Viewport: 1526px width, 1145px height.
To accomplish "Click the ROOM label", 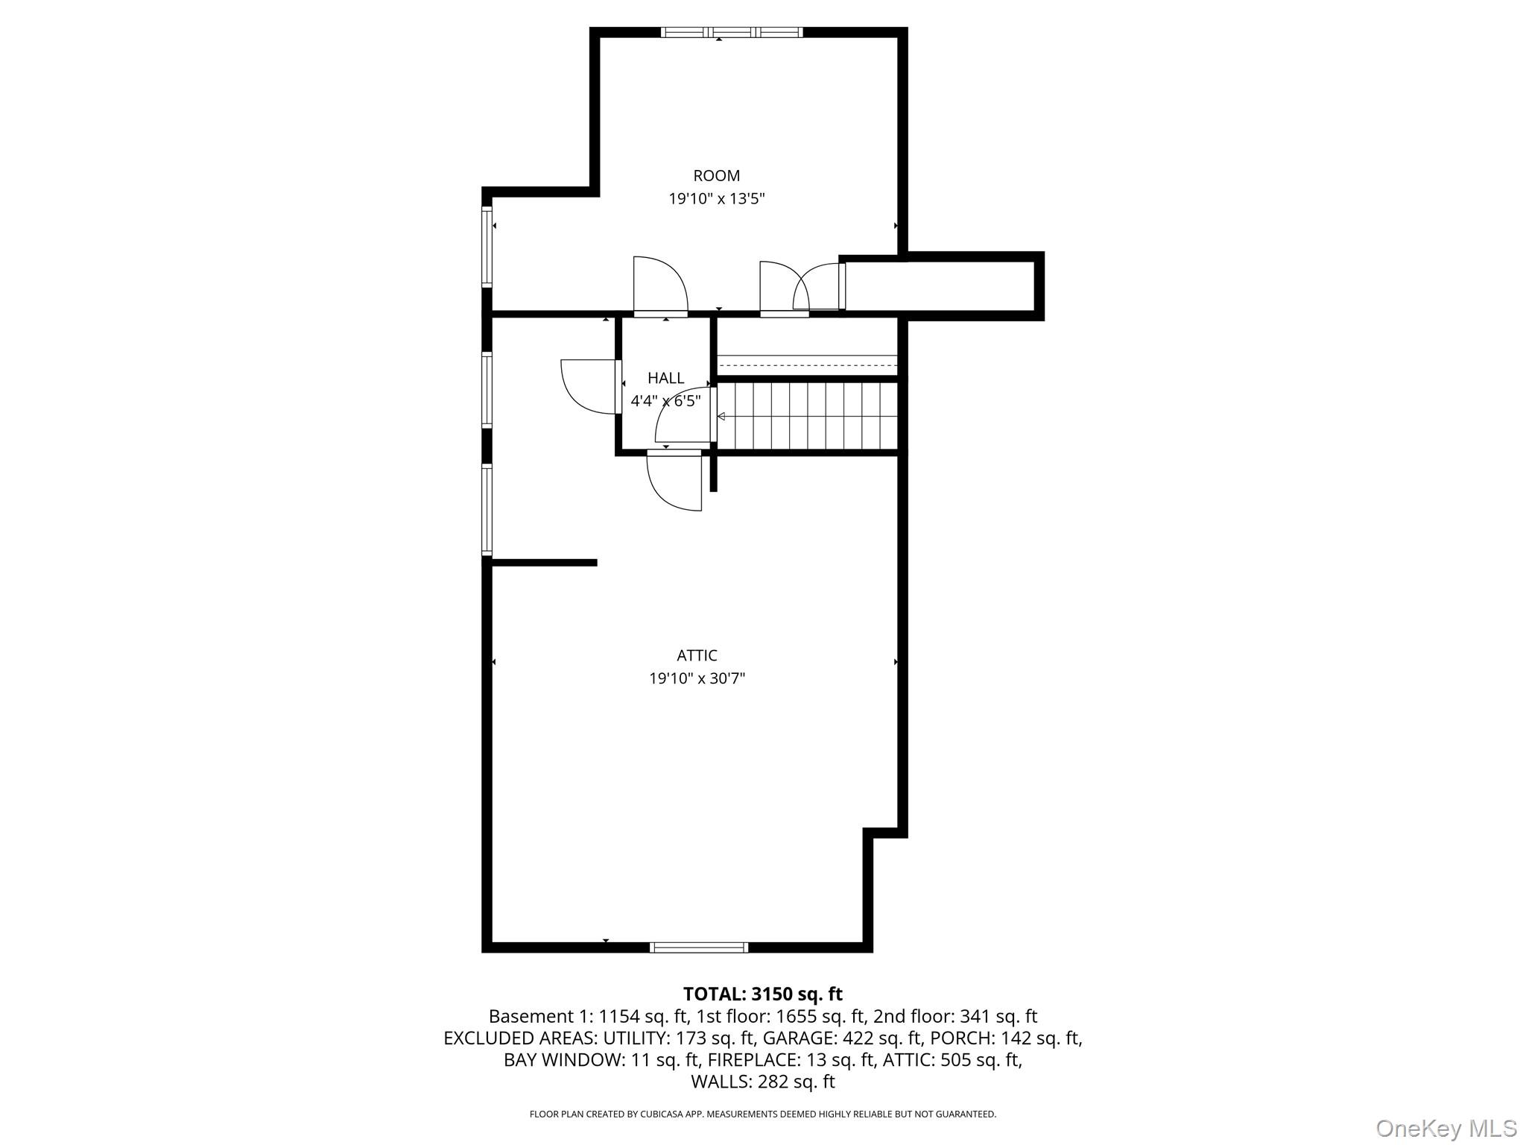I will (716, 176).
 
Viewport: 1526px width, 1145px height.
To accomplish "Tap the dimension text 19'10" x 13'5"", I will (716, 199).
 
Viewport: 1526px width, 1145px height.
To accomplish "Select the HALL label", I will (665, 378).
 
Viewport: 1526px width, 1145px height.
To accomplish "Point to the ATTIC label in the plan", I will (697, 655).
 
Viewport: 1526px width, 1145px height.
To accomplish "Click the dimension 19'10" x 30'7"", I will (697, 678).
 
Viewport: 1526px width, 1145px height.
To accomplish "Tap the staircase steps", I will (808, 416).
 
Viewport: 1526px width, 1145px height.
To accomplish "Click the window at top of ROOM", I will (731, 32).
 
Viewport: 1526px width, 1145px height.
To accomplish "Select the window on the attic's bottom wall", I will (698, 947).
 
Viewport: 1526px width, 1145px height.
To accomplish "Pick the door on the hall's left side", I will (591, 386).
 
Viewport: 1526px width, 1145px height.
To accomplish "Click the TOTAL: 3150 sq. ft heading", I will (762, 994).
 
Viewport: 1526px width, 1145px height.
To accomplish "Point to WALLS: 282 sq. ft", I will (762, 1082).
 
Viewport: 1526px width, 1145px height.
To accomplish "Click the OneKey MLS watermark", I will (1446, 1128).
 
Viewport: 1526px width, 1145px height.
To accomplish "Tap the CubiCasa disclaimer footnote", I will (762, 1114).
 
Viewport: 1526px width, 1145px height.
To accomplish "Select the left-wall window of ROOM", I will (487, 247).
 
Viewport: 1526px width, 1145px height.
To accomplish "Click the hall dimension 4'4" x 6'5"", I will (665, 401).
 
